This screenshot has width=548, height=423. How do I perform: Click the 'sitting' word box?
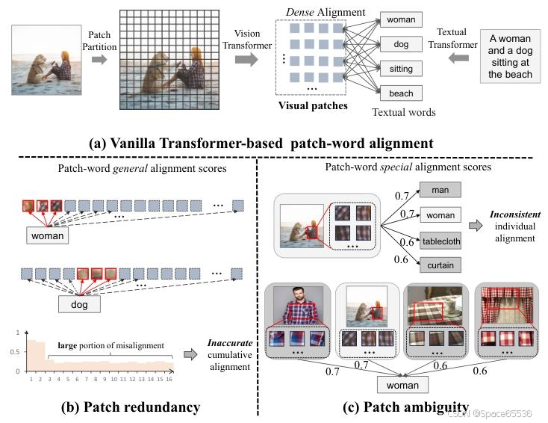401,68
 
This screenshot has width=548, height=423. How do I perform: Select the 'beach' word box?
401,93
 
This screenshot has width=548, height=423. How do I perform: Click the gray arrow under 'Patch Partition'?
99,59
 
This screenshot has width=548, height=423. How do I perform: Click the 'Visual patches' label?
313,105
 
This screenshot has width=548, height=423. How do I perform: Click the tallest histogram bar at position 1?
31,356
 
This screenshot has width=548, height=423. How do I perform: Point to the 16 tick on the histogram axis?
169,380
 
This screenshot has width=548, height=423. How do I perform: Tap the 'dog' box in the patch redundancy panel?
80,304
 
